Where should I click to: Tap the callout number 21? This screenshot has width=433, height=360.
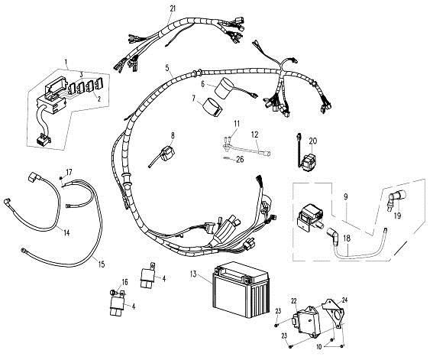pyautogui.click(x=173, y=8)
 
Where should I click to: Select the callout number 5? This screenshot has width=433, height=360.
pyautogui.click(x=167, y=68)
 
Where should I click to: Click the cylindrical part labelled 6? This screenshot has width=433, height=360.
pyautogui.click(x=225, y=88)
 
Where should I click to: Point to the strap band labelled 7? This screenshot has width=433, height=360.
pyautogui.click(x=214, y=107)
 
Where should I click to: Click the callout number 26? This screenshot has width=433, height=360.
pyautogui.click(x=241, y=160)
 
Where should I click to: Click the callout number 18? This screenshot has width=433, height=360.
pyautogui.click(x=347, y=238)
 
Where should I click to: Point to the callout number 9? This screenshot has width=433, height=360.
pyautogui.click(x=346, y=197)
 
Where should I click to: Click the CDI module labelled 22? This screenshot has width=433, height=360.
pyautogui.click(x=306, y=319)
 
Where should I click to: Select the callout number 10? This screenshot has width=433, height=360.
pyautogui.click(x=319, y=347)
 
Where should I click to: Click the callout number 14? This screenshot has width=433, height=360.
pyautogui.click(x=66, y=233)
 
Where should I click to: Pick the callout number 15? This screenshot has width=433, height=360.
pyautogui.click(x=102, y=264)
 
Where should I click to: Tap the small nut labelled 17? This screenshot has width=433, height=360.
pyautogui.click(x=61, y=178)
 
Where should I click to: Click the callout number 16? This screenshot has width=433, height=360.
pyautogui.click(x=124, y=282)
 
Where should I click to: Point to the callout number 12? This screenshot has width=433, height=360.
pyautogui.click(x=255, y=135)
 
